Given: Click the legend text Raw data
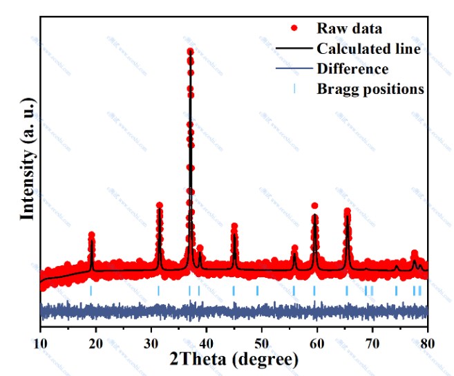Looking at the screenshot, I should tap(350, 28).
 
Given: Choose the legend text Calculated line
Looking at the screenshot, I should tap(369, 48).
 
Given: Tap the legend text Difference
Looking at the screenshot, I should tap(352, 68).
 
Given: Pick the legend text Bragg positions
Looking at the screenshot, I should tap(370, 88).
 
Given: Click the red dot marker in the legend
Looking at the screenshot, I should tap(295, 28).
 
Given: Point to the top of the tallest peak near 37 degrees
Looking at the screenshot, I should tap(190, 51).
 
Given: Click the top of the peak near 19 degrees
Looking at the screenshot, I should tap(91, 236).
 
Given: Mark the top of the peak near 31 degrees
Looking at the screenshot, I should tap(160, 206).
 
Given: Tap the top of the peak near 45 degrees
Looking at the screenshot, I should tap(234, 227).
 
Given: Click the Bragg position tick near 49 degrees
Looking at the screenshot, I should tap(258, 290).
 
